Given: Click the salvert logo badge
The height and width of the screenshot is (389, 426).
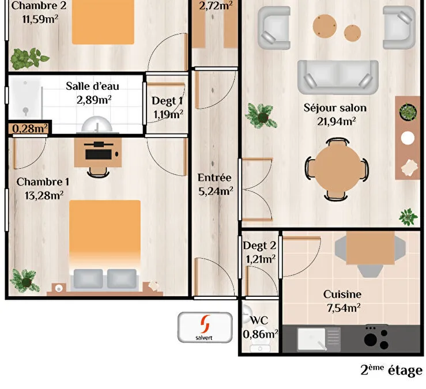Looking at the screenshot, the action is [205, 327].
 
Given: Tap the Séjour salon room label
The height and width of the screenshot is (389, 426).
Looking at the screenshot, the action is [335, 108].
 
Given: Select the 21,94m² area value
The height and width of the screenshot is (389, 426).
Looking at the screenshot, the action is [337, 122].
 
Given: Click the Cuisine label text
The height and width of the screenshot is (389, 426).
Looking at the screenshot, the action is [342, 294].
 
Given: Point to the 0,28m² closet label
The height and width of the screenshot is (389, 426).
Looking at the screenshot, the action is [30, 129].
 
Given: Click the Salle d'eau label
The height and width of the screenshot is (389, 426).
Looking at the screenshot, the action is [92, 86].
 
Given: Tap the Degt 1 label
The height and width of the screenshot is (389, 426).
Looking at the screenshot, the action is [167, 101].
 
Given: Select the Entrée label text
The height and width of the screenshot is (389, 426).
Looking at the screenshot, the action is [214, 177].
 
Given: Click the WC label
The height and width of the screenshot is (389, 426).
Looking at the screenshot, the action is [259, 320].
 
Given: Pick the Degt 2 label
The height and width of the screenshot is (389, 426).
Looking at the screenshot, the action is [259, 246].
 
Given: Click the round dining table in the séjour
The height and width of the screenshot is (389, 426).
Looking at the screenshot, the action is [337, 169].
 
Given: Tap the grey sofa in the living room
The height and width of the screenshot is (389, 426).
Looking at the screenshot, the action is [338, 77].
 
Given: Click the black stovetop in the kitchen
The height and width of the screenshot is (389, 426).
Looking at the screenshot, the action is [376, 338].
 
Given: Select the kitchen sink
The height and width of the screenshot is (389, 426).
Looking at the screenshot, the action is [318, 339].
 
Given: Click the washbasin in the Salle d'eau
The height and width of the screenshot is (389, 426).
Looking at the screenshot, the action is [97, 124].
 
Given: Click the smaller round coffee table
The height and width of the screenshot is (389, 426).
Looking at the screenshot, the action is [352, 33].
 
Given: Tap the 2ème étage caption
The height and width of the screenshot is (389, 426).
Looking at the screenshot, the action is [391, 370].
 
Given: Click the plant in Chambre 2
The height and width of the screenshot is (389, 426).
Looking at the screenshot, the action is [28, 58].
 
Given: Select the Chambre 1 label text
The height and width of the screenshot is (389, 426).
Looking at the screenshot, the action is [43, 182].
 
